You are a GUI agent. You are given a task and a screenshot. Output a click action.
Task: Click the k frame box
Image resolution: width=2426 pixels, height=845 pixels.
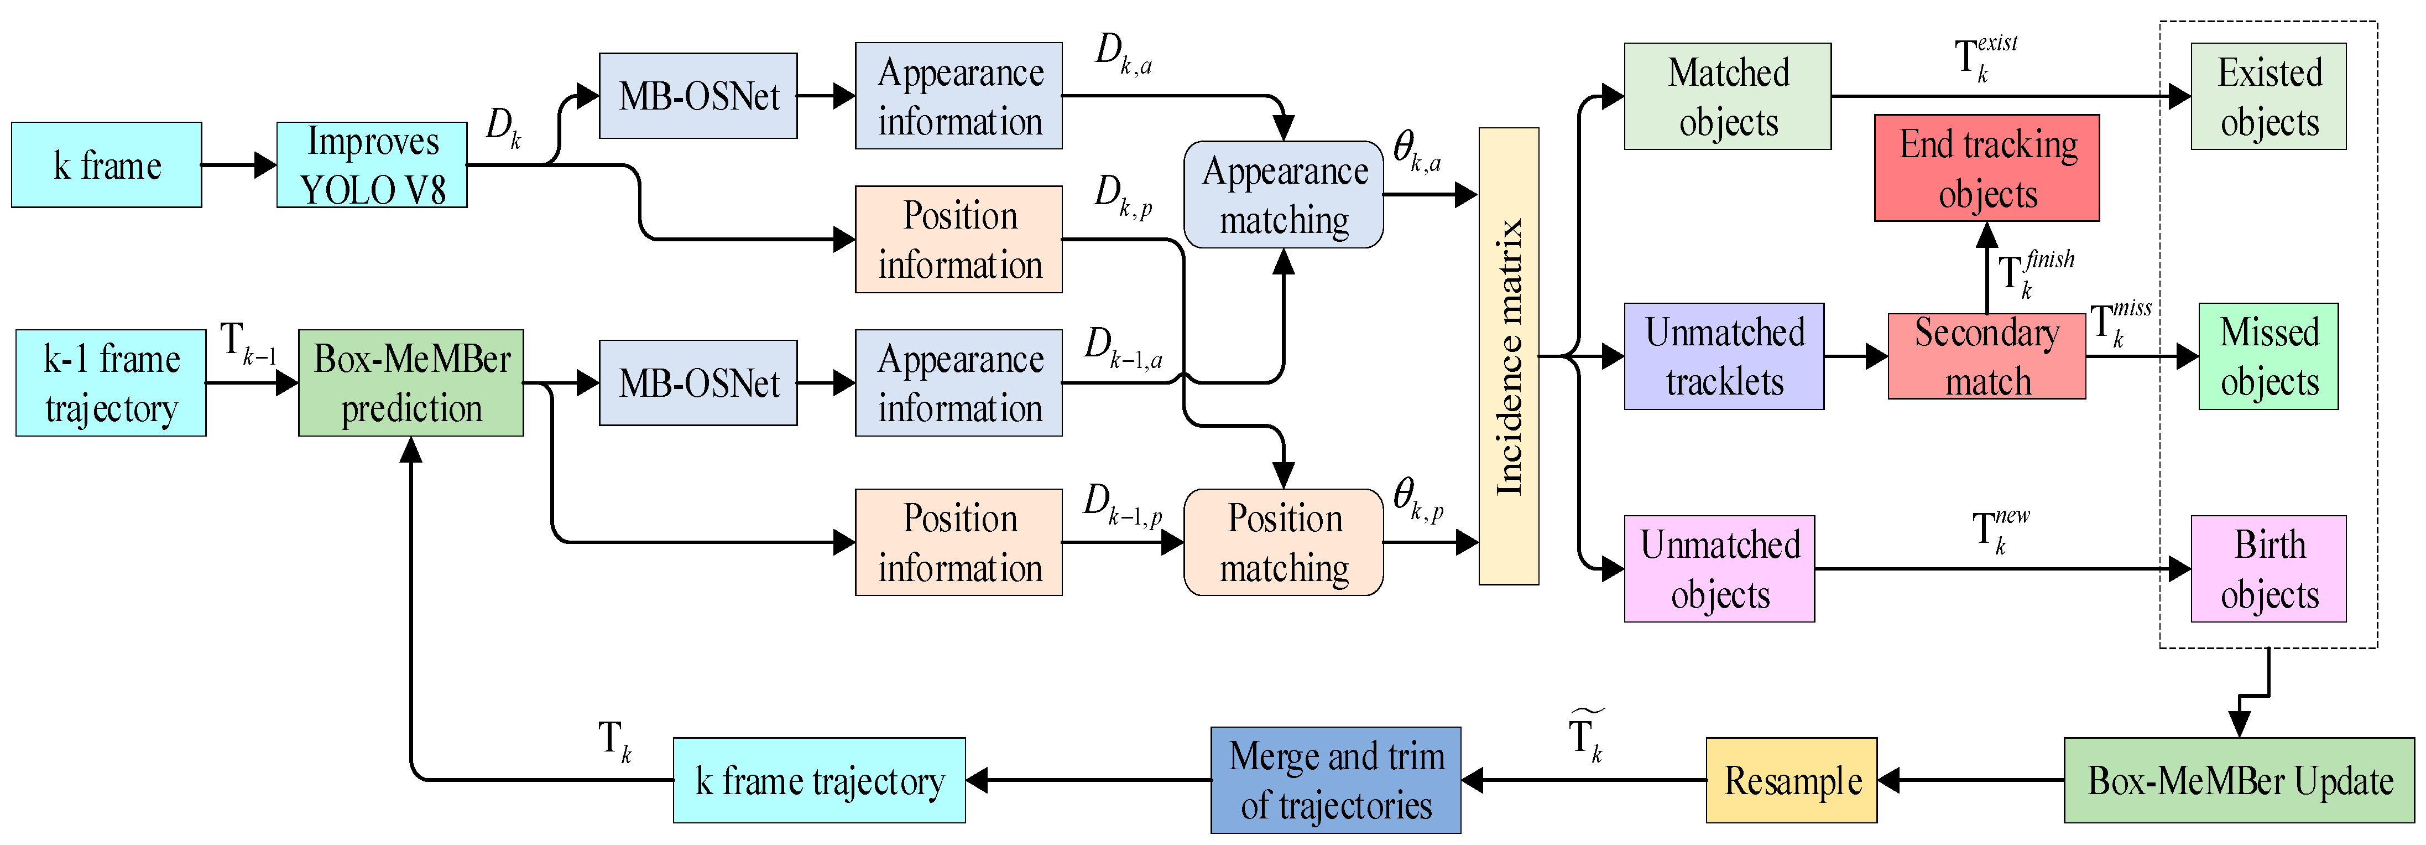point(106,165)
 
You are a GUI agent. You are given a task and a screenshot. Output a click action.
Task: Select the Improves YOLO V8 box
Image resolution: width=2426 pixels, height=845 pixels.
point(372,165)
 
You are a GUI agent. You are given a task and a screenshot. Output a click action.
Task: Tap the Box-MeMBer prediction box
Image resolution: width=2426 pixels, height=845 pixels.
point(411,382)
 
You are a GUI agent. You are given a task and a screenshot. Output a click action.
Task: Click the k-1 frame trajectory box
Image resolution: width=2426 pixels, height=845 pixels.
point(111,382)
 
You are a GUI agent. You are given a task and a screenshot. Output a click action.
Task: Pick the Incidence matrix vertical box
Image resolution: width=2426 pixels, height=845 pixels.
point(1509,356)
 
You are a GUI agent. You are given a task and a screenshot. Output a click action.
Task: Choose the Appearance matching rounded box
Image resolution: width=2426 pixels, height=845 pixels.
point(1284,195)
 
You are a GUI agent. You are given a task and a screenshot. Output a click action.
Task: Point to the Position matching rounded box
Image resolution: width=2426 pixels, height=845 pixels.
point(1284,543)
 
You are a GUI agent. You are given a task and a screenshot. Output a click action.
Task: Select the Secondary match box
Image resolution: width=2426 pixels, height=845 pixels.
point(1987,356)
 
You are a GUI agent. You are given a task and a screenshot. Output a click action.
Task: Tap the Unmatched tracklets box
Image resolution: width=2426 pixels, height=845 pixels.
point(1724,356)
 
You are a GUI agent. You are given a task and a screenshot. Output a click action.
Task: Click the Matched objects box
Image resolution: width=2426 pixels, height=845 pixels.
point(1728,96)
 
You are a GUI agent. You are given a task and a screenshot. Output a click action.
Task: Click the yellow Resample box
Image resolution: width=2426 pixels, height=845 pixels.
point(1791,780)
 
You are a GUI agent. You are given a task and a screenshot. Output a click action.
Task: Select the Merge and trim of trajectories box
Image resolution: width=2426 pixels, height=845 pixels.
point(1335,780)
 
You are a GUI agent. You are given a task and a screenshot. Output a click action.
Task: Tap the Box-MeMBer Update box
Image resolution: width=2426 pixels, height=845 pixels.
point(2240,780)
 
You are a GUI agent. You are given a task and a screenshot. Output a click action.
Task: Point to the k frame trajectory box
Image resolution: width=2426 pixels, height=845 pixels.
point(820,780)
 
